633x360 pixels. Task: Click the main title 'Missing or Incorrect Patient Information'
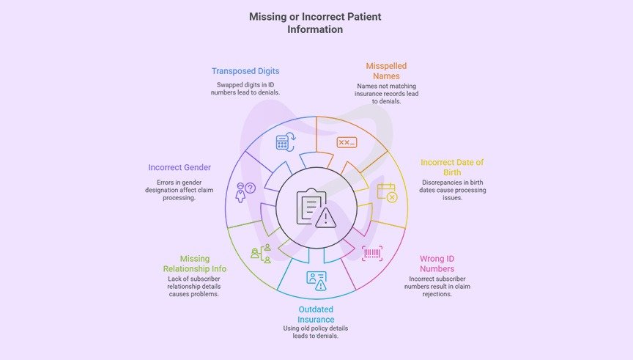315,23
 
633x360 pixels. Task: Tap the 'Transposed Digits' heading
245,71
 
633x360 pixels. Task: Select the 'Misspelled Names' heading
386,71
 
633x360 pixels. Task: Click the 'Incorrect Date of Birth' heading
451,167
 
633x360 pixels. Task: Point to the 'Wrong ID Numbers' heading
437,264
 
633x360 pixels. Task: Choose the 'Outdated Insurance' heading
316,314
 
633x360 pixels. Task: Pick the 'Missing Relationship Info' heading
194,264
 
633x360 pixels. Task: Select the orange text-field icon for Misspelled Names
347,142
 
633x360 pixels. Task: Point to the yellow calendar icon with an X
387,193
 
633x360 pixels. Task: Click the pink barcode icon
373,253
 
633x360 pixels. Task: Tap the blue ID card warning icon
316,279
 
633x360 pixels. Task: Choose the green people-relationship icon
261,253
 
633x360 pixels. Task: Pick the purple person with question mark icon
245,193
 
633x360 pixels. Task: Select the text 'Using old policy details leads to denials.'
316,332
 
